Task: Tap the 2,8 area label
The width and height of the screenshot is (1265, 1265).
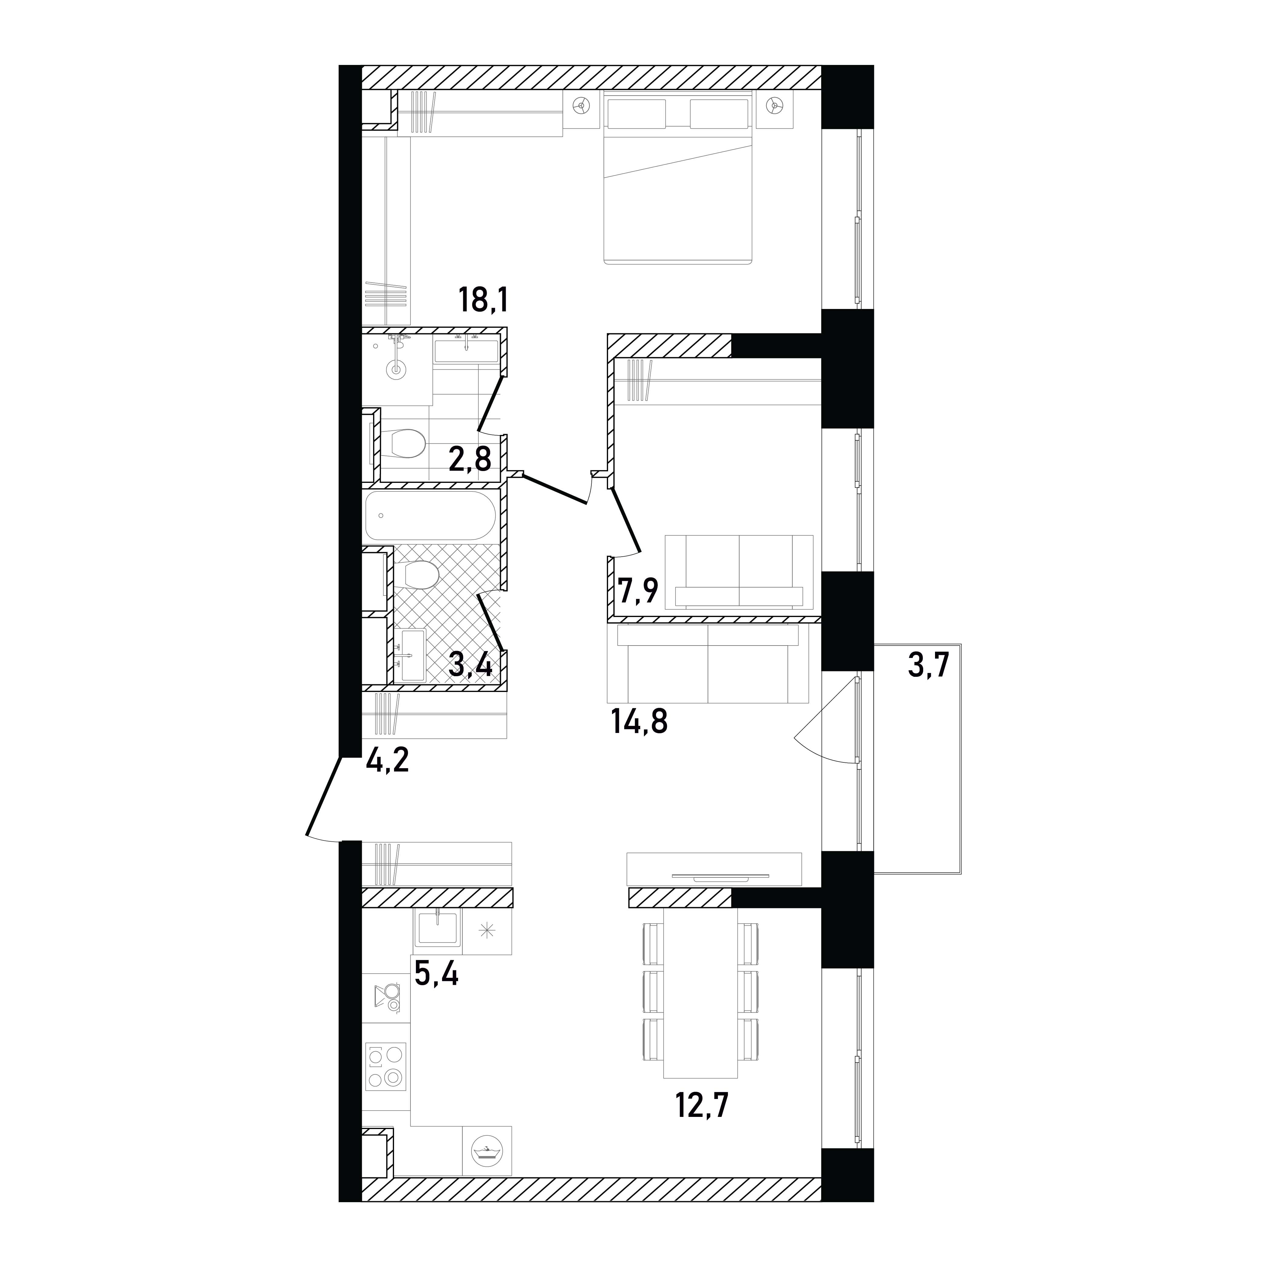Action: [x=470, y=459]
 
